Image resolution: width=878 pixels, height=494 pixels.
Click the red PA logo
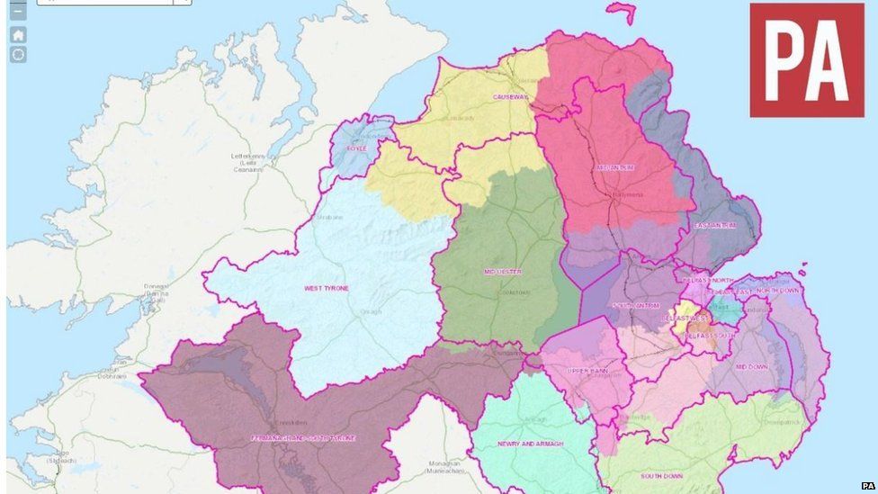click(x=806, y=59)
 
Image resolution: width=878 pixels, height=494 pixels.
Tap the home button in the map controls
click(x=18, y=34)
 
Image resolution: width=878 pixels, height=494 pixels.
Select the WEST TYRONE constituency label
click(x=327, y=288)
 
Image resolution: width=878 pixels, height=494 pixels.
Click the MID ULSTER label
click(x=503, y=271)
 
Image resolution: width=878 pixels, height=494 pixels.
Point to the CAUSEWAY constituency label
click(x=510, y=97)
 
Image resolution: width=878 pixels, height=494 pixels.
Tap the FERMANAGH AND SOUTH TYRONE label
click(x=303, y=438)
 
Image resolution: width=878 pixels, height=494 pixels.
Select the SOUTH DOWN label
click(x=661, y=475)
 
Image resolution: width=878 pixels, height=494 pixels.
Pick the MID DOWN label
click(x=752, y=367)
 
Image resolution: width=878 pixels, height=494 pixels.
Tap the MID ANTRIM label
click(x=615, y=168)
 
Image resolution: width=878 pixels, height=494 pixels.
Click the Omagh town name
click(x=372, y=312)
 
